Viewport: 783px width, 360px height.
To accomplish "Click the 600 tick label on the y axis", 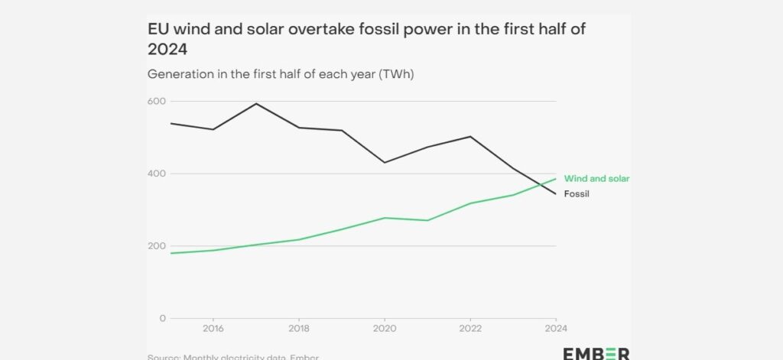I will (157, 102).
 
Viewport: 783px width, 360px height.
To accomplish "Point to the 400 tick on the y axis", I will (157, 174).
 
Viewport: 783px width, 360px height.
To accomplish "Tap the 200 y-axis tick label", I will (157, 246).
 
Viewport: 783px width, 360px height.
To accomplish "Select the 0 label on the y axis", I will (162, 318).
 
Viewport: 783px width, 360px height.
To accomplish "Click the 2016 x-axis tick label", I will (213, 330).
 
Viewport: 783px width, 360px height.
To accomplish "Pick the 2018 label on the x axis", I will (298, 330).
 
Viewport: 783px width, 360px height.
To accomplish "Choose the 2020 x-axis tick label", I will (384, 330).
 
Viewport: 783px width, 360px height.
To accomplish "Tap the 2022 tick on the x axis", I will (469, 330).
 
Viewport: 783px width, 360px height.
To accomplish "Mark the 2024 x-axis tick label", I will (555, 330).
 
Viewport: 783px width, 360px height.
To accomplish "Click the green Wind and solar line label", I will (596, 178).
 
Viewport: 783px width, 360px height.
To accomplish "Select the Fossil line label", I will (577, 194).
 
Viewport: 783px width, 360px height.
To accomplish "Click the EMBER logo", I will (596, 353).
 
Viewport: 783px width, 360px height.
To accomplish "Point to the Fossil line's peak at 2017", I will (256, 103).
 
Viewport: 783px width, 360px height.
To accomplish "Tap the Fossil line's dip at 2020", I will (385, 163).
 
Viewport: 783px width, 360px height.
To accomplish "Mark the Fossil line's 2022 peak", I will (470, 136).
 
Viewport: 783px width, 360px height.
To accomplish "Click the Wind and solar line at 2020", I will (385, 218).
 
